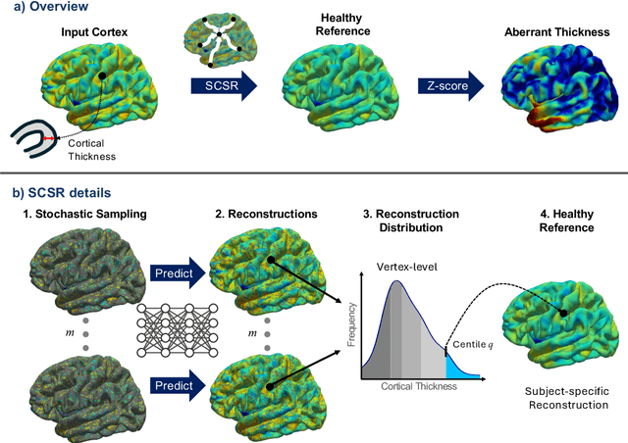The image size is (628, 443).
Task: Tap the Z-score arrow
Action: coord(446,88)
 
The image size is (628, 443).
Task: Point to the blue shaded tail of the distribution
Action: coord(461,368)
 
